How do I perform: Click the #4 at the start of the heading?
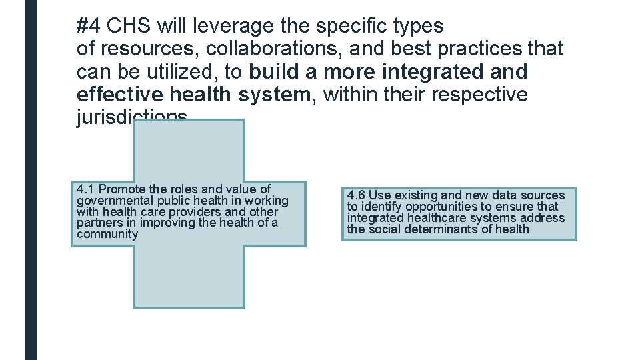89,26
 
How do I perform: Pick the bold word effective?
121,94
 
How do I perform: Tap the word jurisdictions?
132,117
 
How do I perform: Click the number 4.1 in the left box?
85,189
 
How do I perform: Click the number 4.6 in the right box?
355,195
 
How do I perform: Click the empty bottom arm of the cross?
189,277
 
